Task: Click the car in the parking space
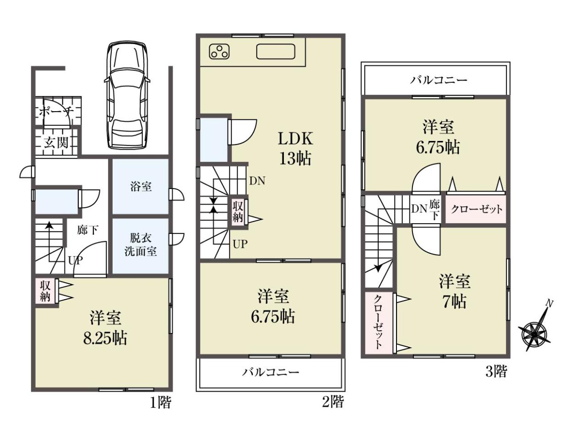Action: [127, 95]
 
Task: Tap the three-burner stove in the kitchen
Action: [219, 51]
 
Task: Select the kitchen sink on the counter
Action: [276, 52]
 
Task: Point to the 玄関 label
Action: [56, 142]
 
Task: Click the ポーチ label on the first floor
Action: [56, 112]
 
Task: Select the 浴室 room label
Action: [141, 187]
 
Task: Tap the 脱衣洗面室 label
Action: [141, 245]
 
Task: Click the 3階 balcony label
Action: [439, 80]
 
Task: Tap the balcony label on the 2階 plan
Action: [271, 372]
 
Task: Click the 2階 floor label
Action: [333, 402]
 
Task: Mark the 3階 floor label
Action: [496, 372]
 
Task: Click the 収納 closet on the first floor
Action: [45, 291]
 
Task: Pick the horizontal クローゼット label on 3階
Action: [477, 210]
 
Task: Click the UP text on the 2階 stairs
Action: [240, 244]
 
